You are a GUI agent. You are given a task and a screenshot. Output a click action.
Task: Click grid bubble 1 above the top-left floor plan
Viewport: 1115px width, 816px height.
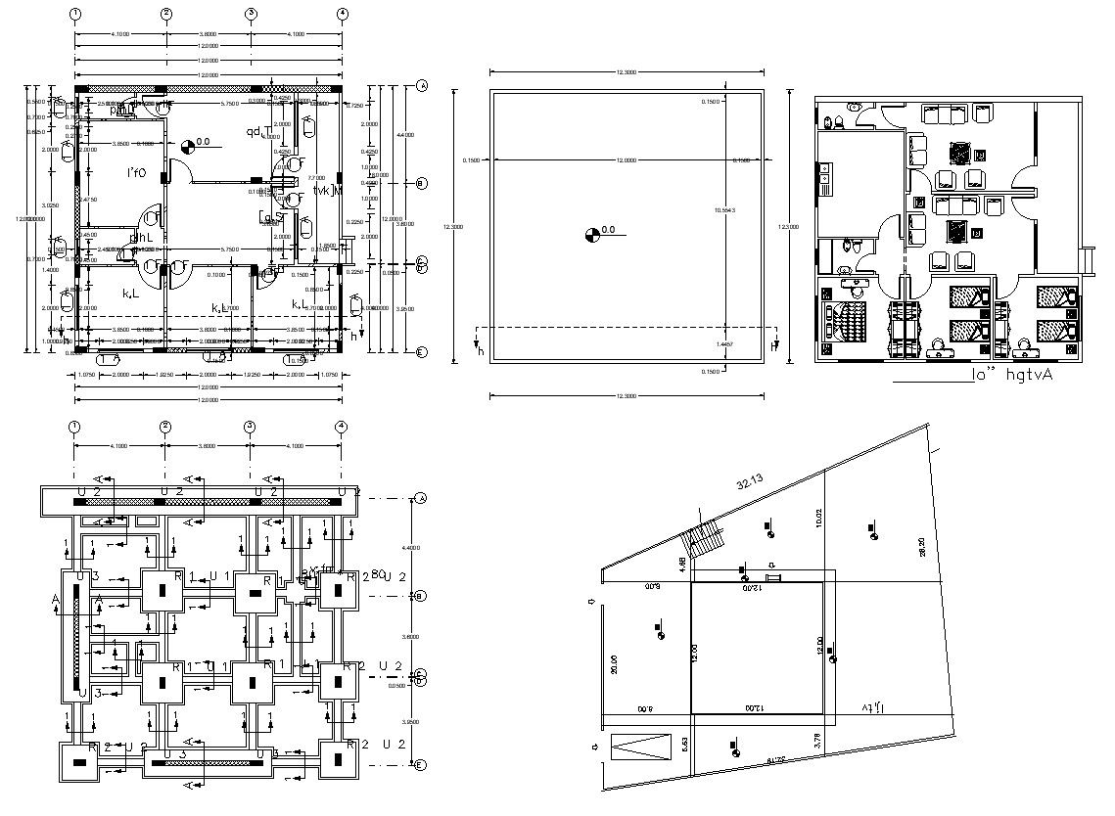pyautogui.click(x=75, y=14)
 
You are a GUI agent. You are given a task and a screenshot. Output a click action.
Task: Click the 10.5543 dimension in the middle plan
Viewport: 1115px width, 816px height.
pyautogui.click(x=725, y=210)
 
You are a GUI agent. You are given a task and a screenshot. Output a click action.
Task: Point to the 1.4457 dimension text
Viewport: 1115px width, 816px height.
pyautogui.click(x=725, y=345)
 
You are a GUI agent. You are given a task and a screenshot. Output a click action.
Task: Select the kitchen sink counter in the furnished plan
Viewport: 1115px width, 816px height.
pyautogui.click(x=824, y=178)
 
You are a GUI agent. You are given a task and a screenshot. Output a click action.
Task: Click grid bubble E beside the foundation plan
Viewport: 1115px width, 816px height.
pyautogui.click(x=421, y=764)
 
